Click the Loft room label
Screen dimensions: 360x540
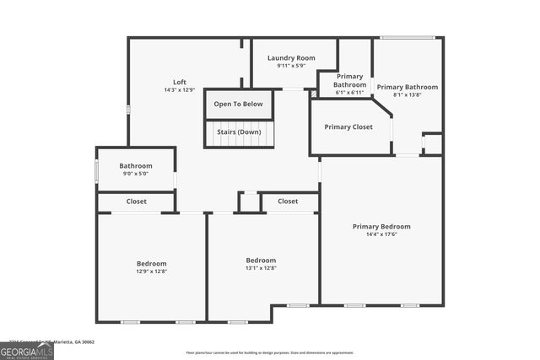pos(180,82)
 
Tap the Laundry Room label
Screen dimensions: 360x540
pos(291,58)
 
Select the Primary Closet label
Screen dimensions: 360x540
pos(348,127)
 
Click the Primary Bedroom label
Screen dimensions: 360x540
pos(381,226)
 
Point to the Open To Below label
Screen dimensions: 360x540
pos(238,105)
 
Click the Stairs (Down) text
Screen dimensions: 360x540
pos(238,132)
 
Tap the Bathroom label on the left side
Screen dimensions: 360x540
pos(135,166)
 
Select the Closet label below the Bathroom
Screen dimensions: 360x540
pos(136,201)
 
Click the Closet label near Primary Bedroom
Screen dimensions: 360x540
pos(288,201)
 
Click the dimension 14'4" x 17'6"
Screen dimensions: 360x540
pos(381,234)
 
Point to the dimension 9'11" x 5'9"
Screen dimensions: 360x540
pos(291,66)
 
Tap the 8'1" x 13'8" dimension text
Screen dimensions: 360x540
pos(407,95)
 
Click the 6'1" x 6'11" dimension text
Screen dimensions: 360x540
pos(349,93)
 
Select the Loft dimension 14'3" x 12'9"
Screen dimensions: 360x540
pos(180,90)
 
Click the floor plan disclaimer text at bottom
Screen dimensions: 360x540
pos(270,352)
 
